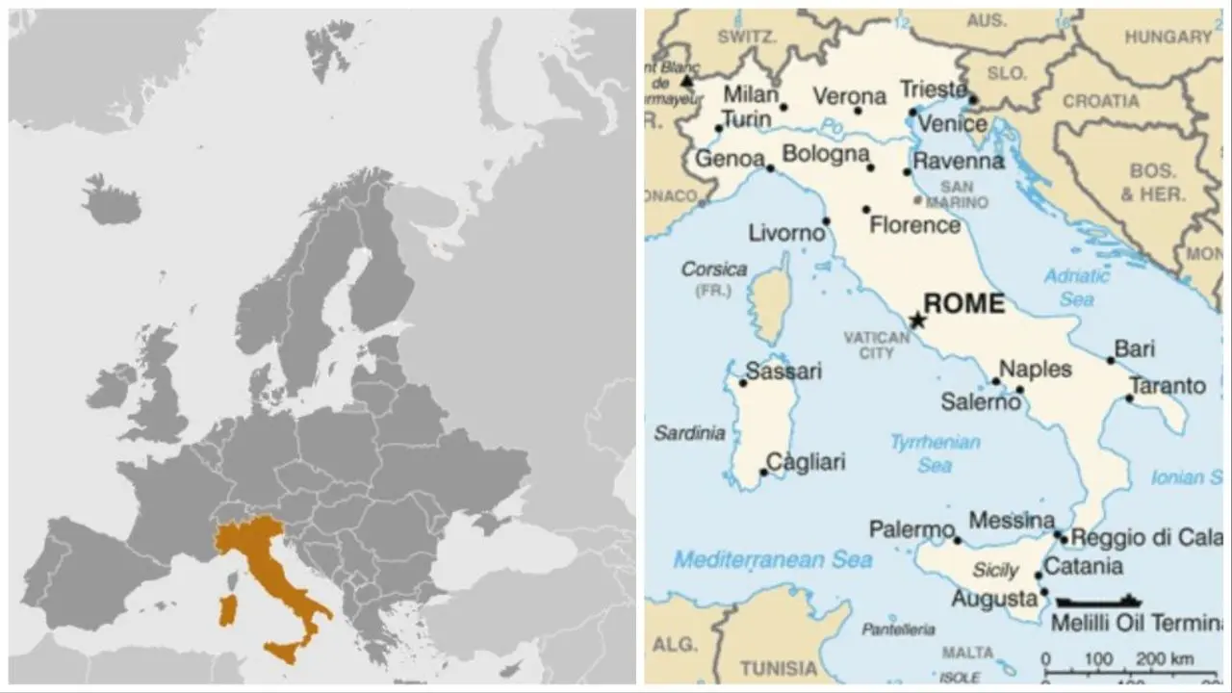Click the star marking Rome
[917, 320]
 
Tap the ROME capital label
[963, 304]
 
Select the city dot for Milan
[783, 107]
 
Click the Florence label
[914, 225]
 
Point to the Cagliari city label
[806, 462]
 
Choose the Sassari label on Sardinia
[783, 371]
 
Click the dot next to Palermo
[957, 540]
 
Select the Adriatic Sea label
[1077, 287]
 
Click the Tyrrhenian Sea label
[935, 453]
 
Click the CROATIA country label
[1100, 101]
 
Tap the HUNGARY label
[1168, 37]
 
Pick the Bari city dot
[1110, 360]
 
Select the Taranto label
[1167, 386]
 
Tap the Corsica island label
[713, 269]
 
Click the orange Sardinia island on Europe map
[227, 610]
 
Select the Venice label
[952, 124]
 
